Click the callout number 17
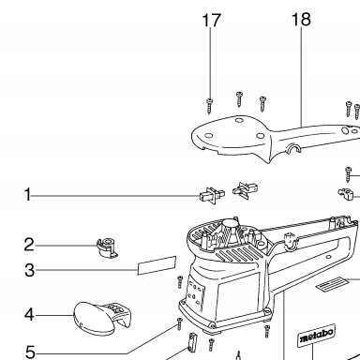tap(212, 21)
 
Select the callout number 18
tap(301, 20)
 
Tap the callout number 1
tap(28, 194)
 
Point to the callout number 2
tap(29, 245)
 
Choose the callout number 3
tap(29, 270)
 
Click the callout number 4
tap(29, 314)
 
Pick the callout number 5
tap(30, 352)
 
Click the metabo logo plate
tap(316, 335)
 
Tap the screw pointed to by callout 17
tap(209, 106)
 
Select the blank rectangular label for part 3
tap(157, 265)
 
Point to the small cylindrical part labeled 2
tap(107, 247)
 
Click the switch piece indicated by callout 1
tap(212, 196)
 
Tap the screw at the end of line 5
tap(179, 323)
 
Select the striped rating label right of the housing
tap(332, 284)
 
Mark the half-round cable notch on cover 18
tap(294, 149)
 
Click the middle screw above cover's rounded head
tap(239, 99)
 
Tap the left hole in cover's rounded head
tap(209, 136)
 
